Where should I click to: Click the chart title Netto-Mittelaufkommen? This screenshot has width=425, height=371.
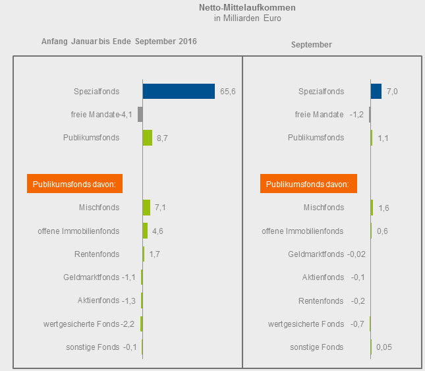[247, 8]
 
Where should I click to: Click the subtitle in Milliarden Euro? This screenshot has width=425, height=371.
[247, 18]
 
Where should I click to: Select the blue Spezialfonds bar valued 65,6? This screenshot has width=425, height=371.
[179, 91]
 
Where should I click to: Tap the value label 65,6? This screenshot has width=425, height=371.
[228, 92]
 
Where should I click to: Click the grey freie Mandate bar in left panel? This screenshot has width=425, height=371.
[140, 114]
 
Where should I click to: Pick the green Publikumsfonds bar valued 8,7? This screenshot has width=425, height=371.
[148, 138]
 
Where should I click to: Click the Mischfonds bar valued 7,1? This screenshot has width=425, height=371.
[146, 208]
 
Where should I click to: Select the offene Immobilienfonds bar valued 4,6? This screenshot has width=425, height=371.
[145, 231]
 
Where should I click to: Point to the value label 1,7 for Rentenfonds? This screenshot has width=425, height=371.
[156, 254]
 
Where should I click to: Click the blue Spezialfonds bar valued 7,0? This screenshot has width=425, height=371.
[376, 91]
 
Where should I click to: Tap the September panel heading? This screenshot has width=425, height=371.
[311, 45]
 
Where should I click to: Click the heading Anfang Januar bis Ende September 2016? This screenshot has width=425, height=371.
[119, 42]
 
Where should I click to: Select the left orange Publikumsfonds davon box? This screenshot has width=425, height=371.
[74, 184]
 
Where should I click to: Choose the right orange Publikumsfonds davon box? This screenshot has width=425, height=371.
[308, 184]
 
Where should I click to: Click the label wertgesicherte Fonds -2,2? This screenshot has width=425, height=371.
[99, 324]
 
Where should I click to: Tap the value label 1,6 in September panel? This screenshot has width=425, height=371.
[384, 208]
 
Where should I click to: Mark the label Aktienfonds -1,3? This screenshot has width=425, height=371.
[106, 300]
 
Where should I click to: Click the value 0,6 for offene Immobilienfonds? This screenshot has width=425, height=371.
[382, 231]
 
